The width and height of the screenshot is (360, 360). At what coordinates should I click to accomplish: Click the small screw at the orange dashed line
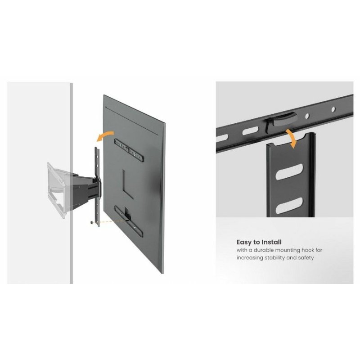[92, 222]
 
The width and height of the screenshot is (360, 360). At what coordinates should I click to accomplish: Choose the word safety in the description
[305, 258]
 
